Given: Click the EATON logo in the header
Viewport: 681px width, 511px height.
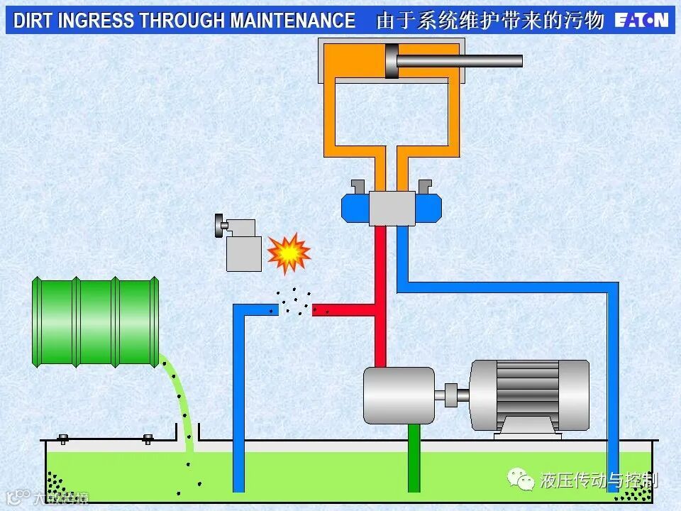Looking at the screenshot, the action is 641,20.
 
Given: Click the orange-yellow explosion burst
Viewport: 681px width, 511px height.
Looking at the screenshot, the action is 288,253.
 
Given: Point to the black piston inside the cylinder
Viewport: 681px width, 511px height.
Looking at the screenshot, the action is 391,61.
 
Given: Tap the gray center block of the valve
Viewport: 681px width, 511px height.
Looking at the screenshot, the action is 392,208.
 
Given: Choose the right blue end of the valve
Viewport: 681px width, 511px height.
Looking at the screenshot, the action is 428,208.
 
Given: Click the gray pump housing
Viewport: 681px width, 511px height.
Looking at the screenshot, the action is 398,395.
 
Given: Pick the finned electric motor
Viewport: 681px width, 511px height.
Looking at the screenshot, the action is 529,394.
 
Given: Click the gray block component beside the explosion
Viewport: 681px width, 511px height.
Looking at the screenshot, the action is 243,252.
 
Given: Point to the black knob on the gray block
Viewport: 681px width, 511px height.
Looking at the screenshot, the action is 218,226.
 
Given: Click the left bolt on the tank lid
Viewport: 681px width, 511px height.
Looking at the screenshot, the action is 62,439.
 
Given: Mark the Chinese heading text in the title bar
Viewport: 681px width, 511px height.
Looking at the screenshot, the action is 489,21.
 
